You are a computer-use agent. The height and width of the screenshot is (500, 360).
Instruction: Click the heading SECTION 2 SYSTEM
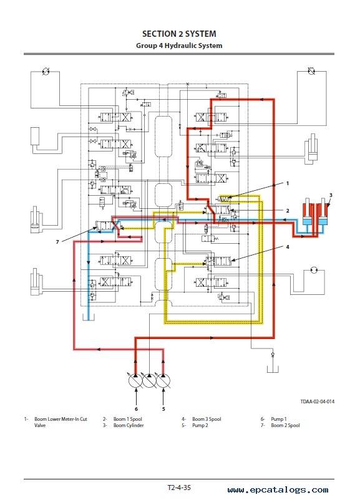(179, 34)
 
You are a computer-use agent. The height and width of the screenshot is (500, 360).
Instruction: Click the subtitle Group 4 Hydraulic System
(179, 46)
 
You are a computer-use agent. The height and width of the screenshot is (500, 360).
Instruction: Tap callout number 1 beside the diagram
(287, 183)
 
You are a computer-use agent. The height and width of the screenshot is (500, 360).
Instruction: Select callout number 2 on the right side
(287, 211)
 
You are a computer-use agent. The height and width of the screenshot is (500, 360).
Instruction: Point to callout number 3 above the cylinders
(331, 195)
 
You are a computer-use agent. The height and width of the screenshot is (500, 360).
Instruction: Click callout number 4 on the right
(287, 247)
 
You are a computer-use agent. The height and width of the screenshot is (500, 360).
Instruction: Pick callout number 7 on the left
(57, 242)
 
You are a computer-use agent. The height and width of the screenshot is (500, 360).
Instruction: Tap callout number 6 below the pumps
(136, 409)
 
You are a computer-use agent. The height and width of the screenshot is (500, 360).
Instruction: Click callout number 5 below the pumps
(163, 409)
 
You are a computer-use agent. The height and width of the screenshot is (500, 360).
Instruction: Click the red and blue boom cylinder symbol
(315, 218)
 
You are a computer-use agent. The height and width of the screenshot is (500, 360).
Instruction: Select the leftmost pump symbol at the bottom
(135, 380)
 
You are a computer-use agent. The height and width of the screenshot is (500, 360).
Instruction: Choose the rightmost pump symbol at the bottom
(163, 380)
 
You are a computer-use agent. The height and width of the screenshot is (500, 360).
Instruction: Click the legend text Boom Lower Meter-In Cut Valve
(61, 422)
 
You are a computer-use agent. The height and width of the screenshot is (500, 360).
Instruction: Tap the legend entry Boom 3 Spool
(207, 419)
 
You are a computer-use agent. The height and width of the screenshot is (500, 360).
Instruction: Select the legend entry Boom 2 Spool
(285, 425)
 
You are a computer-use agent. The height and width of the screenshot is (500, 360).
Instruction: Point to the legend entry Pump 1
(279, 419)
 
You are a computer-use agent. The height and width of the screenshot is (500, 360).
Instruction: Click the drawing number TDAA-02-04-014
(317, 401)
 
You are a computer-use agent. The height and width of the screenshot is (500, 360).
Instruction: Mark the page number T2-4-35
(179, 488)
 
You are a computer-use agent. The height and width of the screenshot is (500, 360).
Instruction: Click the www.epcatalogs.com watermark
(278, 490)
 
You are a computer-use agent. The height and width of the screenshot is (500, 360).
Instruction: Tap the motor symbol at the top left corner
(46, 72)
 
